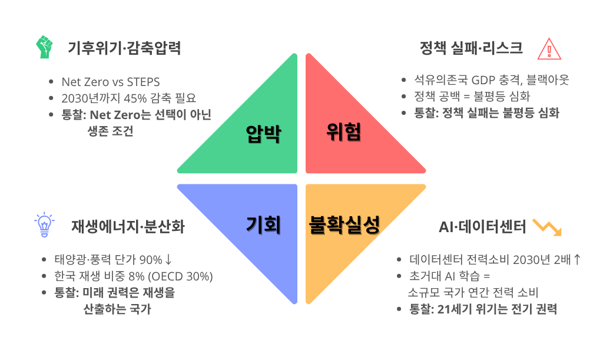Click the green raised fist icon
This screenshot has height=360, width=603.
point(44,47)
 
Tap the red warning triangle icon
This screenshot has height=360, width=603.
point(549,49)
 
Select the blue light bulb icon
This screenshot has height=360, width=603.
point(44,224)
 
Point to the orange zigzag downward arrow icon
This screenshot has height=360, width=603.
point(547,227)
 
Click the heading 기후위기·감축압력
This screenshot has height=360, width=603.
point(124,48)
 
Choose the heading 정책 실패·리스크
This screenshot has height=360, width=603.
point(471,48)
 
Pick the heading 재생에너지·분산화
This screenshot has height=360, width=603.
point(128,226)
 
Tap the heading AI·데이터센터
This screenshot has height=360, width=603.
point(482,227)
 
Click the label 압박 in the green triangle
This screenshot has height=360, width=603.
point(264,134)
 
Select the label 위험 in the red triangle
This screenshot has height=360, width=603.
point(344,132)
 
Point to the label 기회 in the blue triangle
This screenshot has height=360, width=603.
point(263,224)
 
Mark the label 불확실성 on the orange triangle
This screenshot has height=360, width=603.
point(344,224)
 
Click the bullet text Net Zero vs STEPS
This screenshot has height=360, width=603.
point(111,82)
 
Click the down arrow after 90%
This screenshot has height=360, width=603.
point(168,260)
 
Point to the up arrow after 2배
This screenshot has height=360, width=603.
point(577,260)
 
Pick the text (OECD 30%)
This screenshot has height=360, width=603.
point(180,276)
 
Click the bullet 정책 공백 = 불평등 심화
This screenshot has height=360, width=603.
point(472,96)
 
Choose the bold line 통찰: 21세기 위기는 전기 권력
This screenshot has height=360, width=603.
point(483,309)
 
